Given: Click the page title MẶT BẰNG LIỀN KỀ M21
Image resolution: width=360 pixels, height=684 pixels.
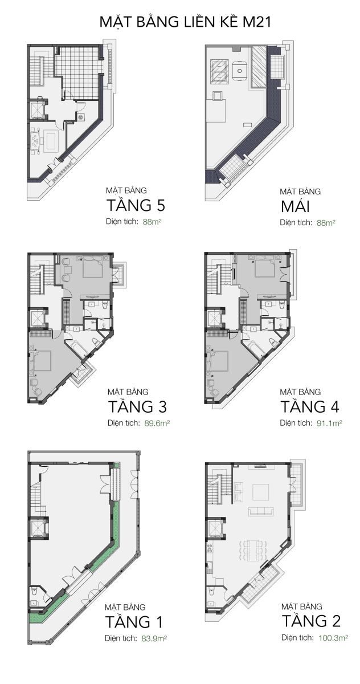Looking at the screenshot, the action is click(185, 22).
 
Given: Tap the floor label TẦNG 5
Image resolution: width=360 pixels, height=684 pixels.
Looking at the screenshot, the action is click(136, 205).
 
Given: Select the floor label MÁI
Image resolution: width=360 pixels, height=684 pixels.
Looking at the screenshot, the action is click(295, 206).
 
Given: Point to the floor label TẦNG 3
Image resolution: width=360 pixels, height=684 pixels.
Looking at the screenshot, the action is click(138, 406).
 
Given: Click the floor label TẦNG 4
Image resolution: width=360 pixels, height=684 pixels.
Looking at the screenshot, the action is click(310, 406).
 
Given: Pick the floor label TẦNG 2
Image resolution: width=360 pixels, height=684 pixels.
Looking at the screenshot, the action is click(311, 621).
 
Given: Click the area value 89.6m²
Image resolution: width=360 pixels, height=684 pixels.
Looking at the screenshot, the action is click(157, 424).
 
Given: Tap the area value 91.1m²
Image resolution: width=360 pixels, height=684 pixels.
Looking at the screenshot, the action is click(329, 423).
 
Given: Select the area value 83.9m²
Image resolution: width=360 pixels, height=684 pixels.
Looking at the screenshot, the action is click(154, 638).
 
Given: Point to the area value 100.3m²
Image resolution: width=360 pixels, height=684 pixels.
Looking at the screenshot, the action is click(333, 638).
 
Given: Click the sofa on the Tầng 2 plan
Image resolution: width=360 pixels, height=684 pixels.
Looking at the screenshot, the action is click(261, 511).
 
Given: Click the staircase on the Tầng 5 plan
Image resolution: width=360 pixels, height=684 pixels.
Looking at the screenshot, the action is click(38, 71).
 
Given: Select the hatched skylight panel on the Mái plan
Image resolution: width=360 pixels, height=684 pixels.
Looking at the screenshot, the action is click(259, 67).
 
